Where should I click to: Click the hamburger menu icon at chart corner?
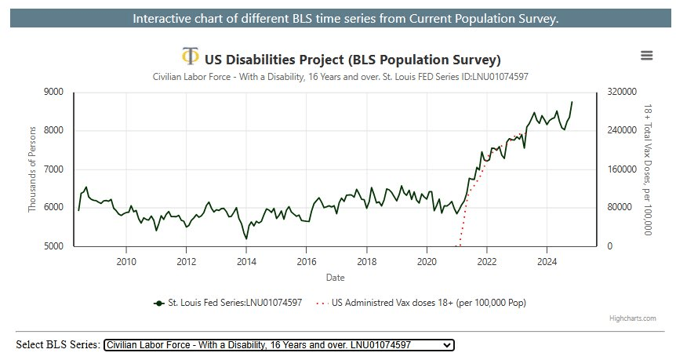tap(646, 55)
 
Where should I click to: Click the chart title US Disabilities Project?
tap(352, 60)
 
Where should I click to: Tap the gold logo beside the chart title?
tap(190, 56)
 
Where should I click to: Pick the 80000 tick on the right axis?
tap(616, 208)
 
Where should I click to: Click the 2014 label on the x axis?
tap(246, 261)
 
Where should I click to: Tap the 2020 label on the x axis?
tap(427, 261)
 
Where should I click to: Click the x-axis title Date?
tap(334, 277)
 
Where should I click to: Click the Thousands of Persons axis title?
tap(33, 169)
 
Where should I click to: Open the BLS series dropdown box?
tap(278, 344)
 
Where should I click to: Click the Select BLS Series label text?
tap(58, 344)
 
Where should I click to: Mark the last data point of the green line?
tap(572, 102)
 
